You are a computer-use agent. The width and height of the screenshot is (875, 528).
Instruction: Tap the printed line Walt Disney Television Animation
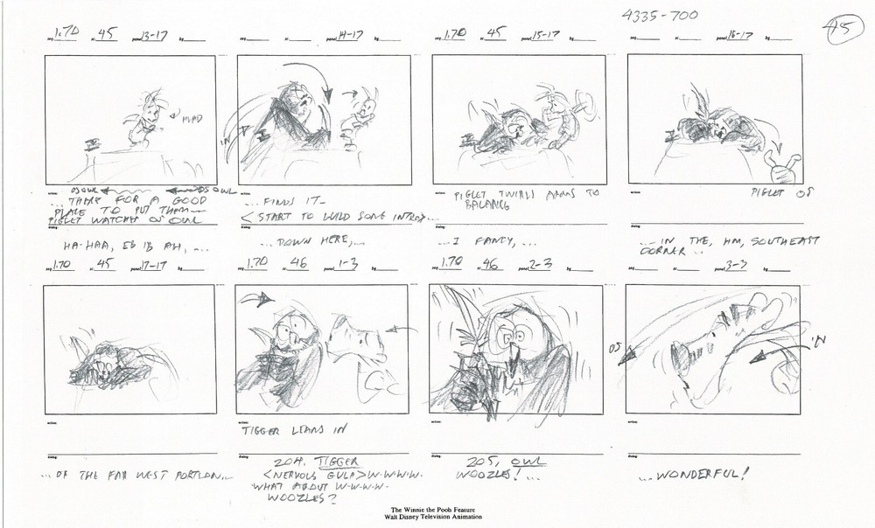pos(437,517)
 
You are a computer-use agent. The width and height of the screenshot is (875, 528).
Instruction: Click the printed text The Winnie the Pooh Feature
pos(437,509)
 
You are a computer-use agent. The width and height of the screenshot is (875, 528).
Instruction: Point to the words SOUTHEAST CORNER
pos(700,247)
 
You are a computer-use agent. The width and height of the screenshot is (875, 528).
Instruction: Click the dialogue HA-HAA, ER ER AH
pos(87,247)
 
